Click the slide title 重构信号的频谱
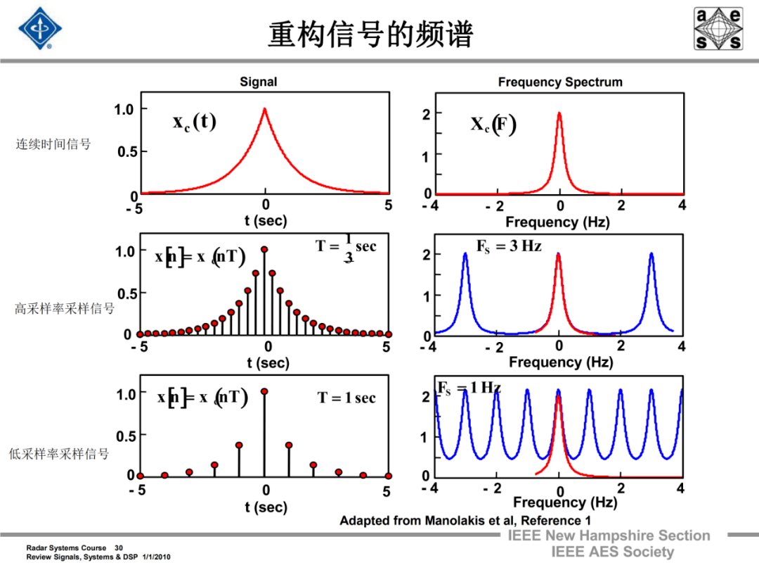point(370,34)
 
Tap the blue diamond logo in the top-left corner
point(40,29)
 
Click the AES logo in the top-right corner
point(718,29)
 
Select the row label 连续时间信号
point(53,144)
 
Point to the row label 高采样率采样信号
point(65,308)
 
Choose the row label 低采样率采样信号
point(59,454)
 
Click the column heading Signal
point(259,82)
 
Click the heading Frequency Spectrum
point(560,82)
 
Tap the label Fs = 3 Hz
point(509,247)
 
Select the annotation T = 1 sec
point(346,398)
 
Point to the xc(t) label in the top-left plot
point(195,122)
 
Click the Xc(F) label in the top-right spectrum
point(493,125)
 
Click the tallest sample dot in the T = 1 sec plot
point(264,391)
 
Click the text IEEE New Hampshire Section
point(609,536)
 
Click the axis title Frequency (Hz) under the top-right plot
point(557,222)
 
